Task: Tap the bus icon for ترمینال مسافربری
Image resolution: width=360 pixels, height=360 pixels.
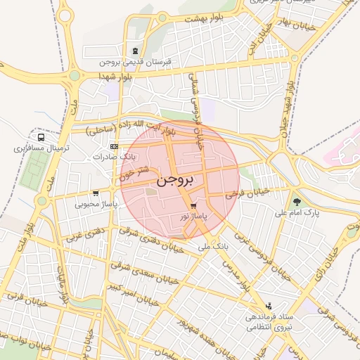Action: pyautogui.click(x=41, y=138)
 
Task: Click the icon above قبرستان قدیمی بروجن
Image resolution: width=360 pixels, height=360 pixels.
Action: pyautogui.click(x=134, y=51)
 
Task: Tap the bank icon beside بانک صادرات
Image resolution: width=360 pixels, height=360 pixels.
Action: pyautogui.click(x=115, y=146)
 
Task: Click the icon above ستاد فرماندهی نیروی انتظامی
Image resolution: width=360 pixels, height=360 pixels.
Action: pyautogui.click(x=269, y=306)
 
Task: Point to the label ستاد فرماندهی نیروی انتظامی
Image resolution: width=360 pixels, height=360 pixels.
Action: pyautogui.click(x=267, y=321)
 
